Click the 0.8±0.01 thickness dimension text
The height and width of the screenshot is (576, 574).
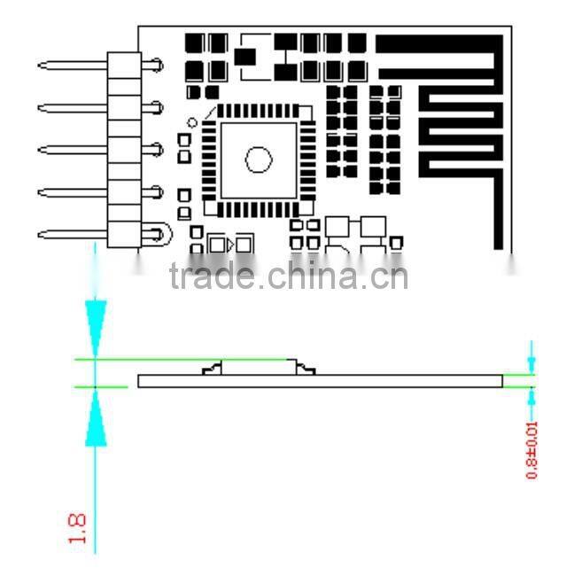coord(532,449)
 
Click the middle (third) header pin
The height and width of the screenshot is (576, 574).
coord(71,149)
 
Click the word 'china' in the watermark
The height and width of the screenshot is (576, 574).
coord(310,276)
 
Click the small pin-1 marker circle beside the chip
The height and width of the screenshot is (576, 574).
coord(192,122)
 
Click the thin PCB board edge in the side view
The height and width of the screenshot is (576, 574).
coord(319,381)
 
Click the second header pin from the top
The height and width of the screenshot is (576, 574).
coord(71,107)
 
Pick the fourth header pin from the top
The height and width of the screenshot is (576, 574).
coord(71,191)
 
